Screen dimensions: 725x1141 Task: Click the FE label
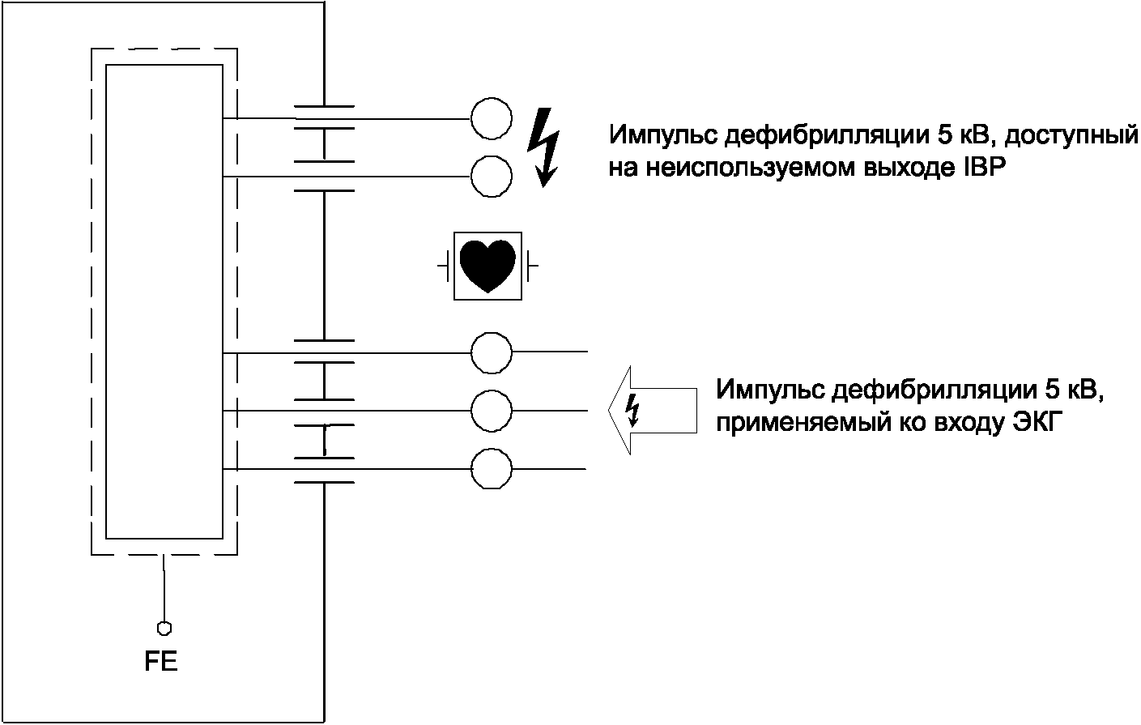click(x=161, y=662)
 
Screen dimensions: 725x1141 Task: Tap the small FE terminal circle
click(x=164, y=627)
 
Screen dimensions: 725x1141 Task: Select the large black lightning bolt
click(x=543, y=147)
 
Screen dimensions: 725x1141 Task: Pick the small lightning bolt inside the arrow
click(x=633, y=410)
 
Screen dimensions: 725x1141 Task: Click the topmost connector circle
click(x=491, y=118)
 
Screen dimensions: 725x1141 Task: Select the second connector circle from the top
click(x=491, y=176)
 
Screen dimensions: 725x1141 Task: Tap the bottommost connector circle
click(x=492, y=468)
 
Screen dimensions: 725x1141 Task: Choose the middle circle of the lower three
click(x=492, y=411)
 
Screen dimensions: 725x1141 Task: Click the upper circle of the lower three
click(x=492, y=352)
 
